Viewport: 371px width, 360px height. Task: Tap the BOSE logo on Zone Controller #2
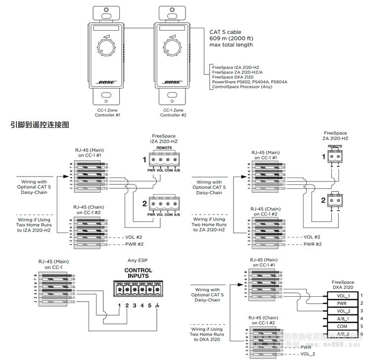click(173, 83)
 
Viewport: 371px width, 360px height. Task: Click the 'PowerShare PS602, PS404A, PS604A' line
click(249, 82)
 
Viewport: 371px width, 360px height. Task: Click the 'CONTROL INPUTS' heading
click(138, 273)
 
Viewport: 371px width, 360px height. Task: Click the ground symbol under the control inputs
click(157, 306)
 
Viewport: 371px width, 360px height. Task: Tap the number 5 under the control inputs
click(150, 306)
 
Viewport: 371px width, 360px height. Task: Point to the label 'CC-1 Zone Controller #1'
click(107, 112)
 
